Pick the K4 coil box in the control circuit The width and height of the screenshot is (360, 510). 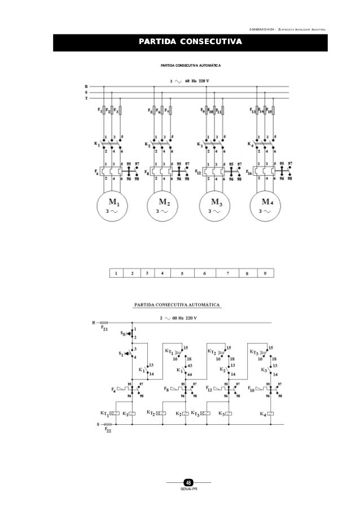tap(271, 414)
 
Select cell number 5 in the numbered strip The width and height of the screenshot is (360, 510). tap(182, 273)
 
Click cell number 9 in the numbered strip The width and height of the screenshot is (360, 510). tap(264, 273)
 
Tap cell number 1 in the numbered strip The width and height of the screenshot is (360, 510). tap(116, 273)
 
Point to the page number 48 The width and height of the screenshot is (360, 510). tap(189, 482)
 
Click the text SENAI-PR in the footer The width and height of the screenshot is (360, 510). tap(189, 489)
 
